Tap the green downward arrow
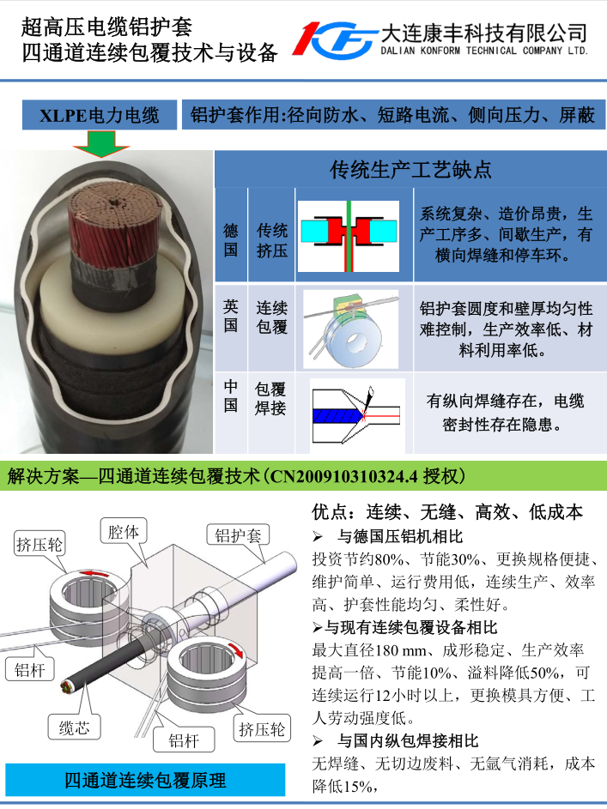click(101, 143)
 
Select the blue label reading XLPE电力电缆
click(100, 115)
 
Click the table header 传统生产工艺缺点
click(410, 169)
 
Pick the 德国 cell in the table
click(231, 239)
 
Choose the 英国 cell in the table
click(231, 317)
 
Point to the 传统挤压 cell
click(272, 240)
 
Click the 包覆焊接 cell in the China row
click(270, 398)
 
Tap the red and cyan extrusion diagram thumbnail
click(349, 236)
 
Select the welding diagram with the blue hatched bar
click(356, 414)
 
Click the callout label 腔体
click(124, 531)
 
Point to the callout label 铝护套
click(239, 535)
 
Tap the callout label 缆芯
click(75, 727)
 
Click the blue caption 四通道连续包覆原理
click(145, 780)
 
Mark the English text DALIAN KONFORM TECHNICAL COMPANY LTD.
click(484, 51)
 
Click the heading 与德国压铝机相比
click(401, 536)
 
